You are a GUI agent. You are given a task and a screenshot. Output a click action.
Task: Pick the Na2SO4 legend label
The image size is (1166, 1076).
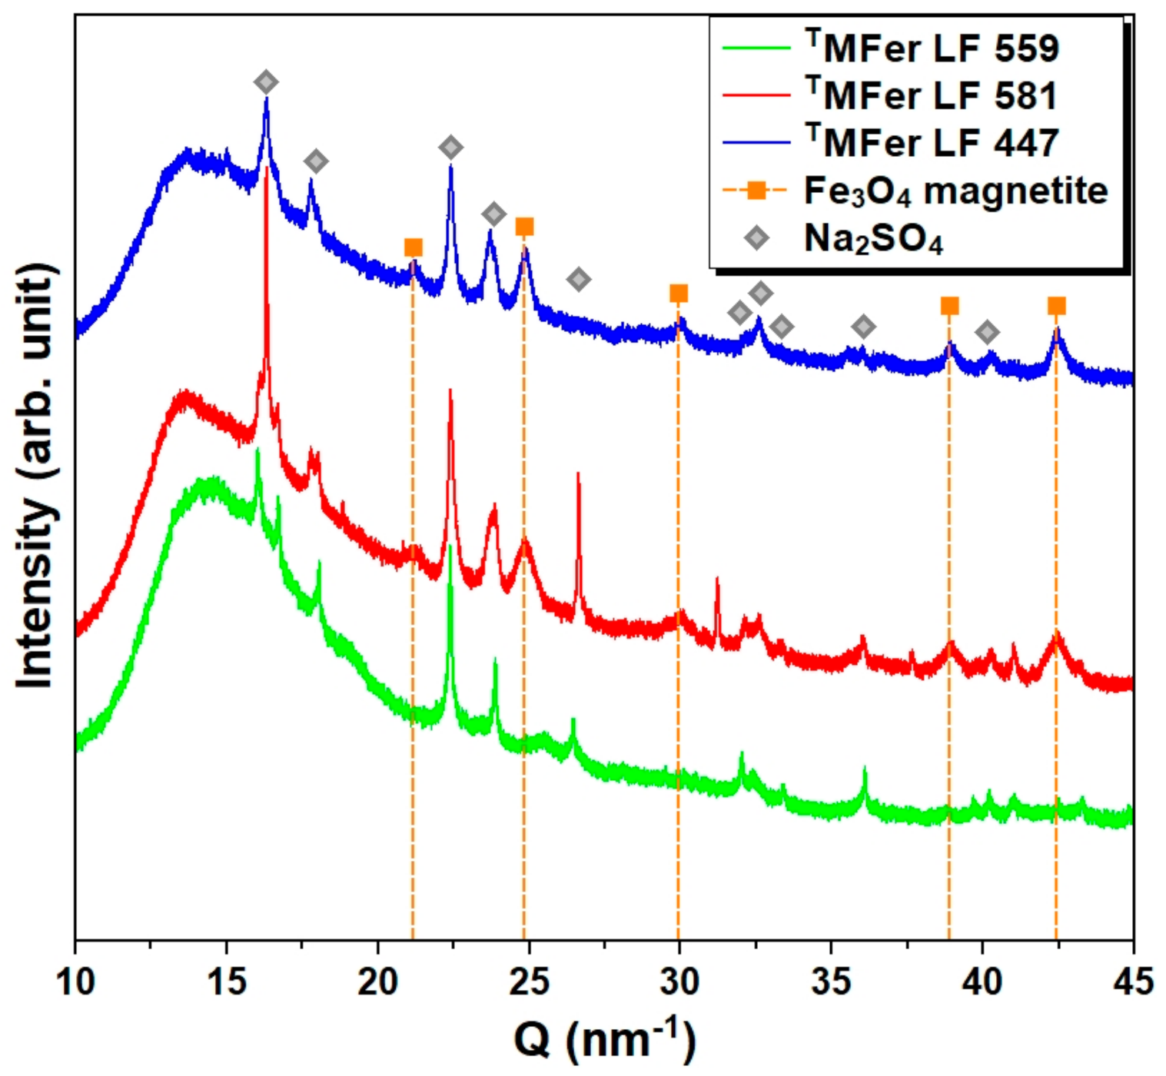point(873,239)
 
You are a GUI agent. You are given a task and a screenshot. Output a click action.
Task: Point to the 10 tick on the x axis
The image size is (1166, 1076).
point(75,981)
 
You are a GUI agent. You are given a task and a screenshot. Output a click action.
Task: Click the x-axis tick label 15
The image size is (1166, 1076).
point(226,981)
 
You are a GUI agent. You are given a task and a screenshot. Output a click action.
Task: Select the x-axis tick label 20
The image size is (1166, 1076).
point(377,981)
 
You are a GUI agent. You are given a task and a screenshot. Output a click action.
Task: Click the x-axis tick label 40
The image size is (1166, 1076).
point(982,981)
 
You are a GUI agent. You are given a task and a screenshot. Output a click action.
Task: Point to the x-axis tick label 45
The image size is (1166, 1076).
point(1132,981)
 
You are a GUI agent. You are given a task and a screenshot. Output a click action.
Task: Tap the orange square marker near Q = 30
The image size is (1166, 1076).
point(678,294)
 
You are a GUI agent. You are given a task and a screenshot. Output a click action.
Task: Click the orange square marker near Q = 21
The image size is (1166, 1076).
point(413,247)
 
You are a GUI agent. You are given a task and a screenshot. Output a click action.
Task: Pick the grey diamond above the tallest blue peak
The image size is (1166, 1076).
point(266,81)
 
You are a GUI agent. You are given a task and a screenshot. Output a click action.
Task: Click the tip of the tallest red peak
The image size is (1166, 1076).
point(266,167)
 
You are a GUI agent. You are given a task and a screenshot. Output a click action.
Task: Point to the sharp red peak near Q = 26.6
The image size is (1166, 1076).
point(578,475)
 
